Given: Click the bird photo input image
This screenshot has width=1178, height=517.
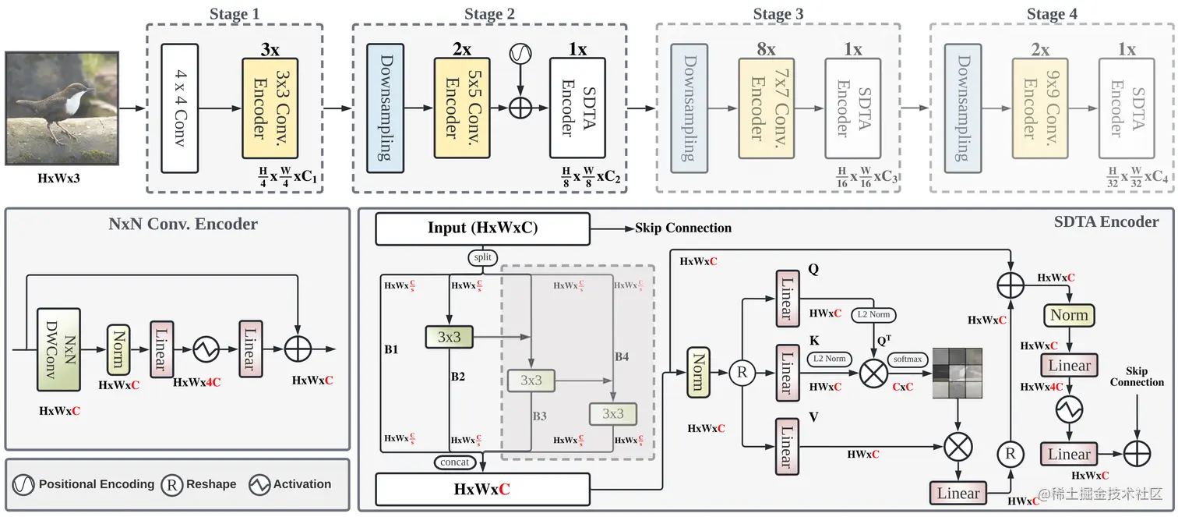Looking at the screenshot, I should tap(62, 108).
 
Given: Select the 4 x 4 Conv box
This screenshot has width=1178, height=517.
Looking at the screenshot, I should tap(180, 108).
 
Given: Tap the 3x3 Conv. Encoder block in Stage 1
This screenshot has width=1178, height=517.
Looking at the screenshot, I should tap(270, 108).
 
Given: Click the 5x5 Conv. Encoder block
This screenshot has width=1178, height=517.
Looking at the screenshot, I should tap(462, 108).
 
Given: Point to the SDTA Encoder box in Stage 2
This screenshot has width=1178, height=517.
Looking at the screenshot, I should tap(577, 108).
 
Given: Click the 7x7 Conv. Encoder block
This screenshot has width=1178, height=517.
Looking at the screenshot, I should tap(767, 108).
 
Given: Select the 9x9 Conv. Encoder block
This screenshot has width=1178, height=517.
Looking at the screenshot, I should tap(1040, 108).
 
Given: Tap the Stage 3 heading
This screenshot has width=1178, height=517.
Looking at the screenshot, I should tap(778, 14).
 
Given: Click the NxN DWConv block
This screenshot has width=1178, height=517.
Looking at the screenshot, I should tap(58, 349).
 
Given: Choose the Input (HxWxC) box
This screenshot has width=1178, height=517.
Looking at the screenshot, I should tap(482, 228).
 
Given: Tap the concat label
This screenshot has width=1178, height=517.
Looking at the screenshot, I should tap(455, 462).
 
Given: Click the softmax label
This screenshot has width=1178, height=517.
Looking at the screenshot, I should tap(908, 359).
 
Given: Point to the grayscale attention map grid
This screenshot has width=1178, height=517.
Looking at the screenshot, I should tap(958, 373).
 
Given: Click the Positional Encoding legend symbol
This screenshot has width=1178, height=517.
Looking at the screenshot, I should tap(23, 484).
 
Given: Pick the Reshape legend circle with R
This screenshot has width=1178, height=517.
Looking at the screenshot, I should tap(172, 484).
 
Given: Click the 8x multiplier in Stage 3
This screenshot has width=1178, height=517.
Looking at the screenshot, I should tap(767, 49).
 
